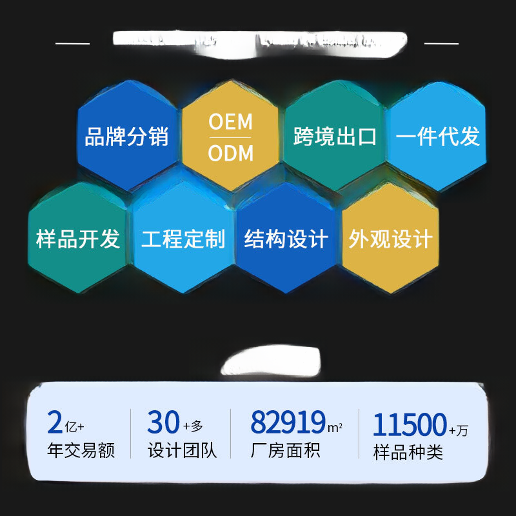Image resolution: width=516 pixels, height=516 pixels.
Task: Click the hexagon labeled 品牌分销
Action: coord(127,137)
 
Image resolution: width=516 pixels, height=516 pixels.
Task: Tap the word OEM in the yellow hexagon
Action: coord(230,123)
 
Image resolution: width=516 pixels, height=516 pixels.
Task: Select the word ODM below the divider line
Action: coord(230,154)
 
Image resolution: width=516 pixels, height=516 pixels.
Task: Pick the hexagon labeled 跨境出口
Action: coord(334,137)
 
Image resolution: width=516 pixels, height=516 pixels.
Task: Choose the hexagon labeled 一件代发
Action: coord(437,137)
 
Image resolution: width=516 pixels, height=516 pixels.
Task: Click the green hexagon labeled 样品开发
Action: coord(77,239)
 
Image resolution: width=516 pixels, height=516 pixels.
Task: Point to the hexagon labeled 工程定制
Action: coord(183,239)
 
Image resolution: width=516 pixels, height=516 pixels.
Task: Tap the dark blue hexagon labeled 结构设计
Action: coord(286,239)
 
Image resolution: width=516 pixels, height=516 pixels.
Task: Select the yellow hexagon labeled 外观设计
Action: coord(390,239)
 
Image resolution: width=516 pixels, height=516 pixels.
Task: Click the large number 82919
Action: coord(288,423)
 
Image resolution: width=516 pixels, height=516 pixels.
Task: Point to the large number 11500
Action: coord(410,425)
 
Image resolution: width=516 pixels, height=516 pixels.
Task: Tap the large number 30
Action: coord(163,423)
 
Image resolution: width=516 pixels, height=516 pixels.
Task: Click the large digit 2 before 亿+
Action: coord(55,423)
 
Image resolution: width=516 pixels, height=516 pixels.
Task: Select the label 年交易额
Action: coord(81,450)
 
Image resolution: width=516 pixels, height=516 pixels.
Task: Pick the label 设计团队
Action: coord(183,450)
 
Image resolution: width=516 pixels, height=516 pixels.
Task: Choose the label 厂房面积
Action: coord(285,450)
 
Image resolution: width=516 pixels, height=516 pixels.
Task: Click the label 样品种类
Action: coord(408,451)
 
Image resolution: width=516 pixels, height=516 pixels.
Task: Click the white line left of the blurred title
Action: coord(72,43)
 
